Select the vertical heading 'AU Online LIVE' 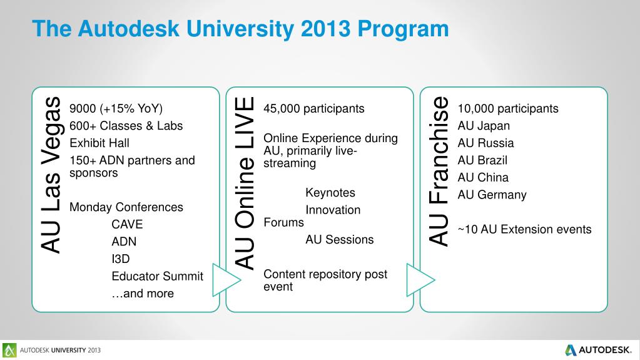pos(245,183)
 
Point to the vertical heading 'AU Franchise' pos(439,170)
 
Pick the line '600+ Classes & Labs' pos(126,125)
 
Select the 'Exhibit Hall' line pos(99,142)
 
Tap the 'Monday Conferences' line pos(126,207)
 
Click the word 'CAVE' pos(127,224)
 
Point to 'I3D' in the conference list pos(120,259)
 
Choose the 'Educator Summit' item pos(157,276)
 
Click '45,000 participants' pos(313,108)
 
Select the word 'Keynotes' pos(330,192)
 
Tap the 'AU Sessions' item pos(339,239)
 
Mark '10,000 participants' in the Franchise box pos(507,108)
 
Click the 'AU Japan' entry pos(484,125)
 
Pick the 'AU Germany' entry pos(492,194)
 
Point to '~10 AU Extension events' pos(524,229)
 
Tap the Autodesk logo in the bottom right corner pos(599,349)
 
